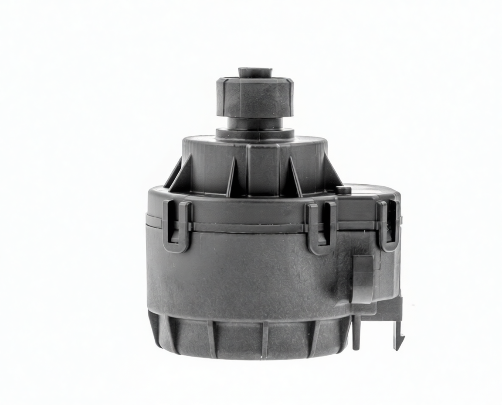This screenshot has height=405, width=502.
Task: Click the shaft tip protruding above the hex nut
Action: (x=254, y=72)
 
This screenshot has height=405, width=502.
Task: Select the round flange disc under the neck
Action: (x=254, y=133)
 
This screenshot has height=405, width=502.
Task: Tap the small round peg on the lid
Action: (x=344, y=190)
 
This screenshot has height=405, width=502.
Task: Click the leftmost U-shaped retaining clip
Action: (x=176, y=226)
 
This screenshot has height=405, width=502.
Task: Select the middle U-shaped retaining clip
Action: (x=320, y=228)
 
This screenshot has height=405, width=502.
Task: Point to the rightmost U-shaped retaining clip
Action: (x=388, y=226)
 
